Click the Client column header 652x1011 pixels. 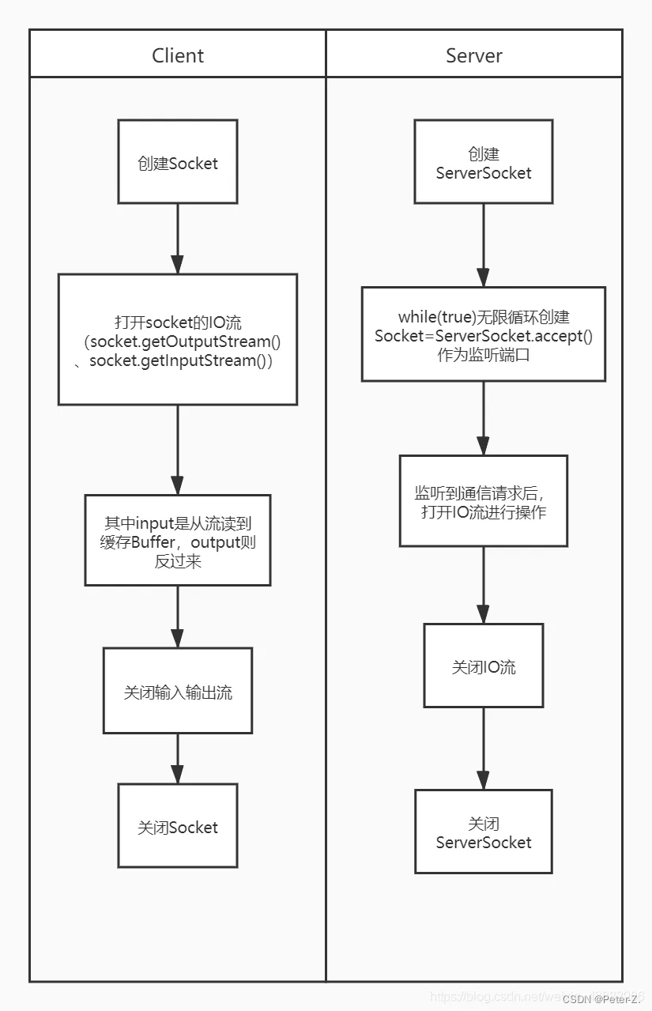pyautogui.click(x=178, y=55)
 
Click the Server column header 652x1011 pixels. pyautogui.click(x=474, y=55)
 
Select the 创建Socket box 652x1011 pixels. pyautogui.click(x=178, y=162)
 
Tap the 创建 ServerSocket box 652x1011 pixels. pyautogui.click(x=484, y=163)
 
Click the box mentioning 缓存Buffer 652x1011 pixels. pyautogui.click(x=178, y=541)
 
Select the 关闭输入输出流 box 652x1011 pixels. pyautogui.click(x=178, y=691)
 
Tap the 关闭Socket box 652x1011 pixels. pyautogui.click(x=178, y=826)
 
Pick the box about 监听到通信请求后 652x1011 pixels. pyautogui.click(x=484, y=501)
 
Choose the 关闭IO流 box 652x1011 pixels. pyautogui.click(x=484, y=666)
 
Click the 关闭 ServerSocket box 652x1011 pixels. pyautogui.click(x=484, y=832)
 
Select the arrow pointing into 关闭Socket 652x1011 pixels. pyautogui.click(x=178, y=759)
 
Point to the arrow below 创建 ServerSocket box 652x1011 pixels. pyautogui.click(x=484, y=245)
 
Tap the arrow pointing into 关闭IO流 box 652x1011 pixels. pyautogui.click(x=484, y=585)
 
